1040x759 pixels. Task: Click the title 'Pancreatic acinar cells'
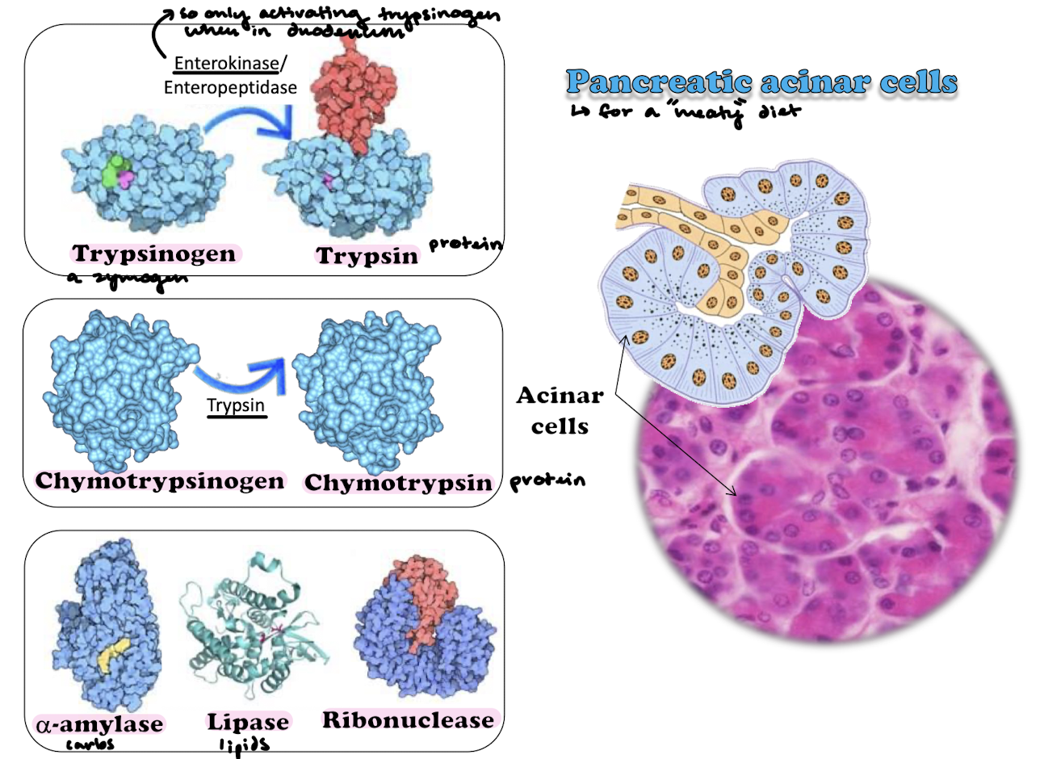(761, 82)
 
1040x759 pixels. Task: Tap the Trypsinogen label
(156, 254)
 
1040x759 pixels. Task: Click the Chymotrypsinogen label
(160, 480)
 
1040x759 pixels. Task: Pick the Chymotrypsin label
(398, 483)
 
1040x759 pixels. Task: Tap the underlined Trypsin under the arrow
(235, 405)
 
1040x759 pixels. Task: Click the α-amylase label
(99, 723)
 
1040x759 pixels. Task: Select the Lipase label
(248, 722)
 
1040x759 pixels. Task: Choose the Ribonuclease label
(408, 719)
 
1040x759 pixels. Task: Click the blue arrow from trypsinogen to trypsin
(246, 122)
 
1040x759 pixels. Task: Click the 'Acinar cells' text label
(560, 410)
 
